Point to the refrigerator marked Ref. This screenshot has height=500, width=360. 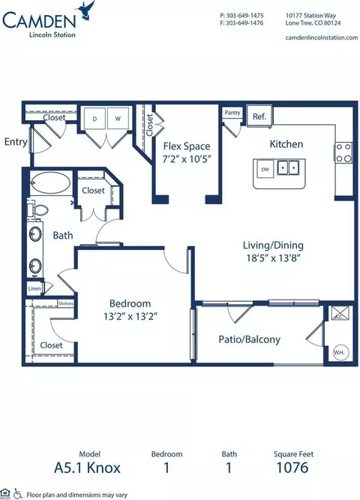[x=259, y=116]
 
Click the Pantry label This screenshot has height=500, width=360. [x=232, y=113]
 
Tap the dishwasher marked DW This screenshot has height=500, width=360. [x=265, y=169]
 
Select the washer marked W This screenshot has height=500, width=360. [x=118, y=119]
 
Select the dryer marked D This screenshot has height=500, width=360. [x=95, y=119]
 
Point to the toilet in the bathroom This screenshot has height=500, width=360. [x=39, y=210]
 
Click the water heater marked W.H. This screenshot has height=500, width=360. [x=338, y=351]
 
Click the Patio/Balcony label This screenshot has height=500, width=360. [x=250, y=339]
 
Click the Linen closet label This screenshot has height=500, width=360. [x=34, y=288]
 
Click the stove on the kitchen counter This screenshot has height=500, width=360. [x=343, y=152]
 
